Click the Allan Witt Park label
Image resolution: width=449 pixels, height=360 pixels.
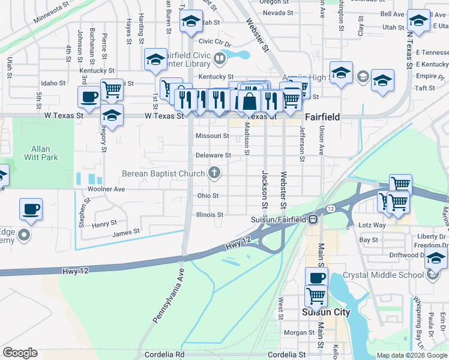click(x=41, y=153)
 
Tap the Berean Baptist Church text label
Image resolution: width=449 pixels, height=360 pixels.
click(x=163, y=174)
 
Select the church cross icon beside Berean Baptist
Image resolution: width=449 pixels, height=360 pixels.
click(x=213, y=174)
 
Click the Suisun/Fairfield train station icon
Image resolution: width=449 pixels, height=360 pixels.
click(x=313, y=219)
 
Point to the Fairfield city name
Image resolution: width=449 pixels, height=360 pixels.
click(x=322, y=117)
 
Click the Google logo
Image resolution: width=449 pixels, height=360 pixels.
click(x=20, y=353)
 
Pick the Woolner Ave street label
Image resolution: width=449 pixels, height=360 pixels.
click(x=106, y=189)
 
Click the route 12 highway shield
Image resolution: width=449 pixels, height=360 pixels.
click(x=331, y=208)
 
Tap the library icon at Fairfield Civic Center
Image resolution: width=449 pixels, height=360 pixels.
click(x=220, y=58)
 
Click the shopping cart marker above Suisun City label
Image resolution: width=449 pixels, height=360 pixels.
click(x=316, y=295)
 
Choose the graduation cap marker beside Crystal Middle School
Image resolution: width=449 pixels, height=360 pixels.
click(x=436, y=259)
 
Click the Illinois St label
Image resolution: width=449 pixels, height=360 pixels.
click(x=209, y=214)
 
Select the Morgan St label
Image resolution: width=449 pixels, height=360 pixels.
click(x=295, y=332)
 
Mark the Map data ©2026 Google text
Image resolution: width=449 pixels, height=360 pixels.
click(x=411, y=355)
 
